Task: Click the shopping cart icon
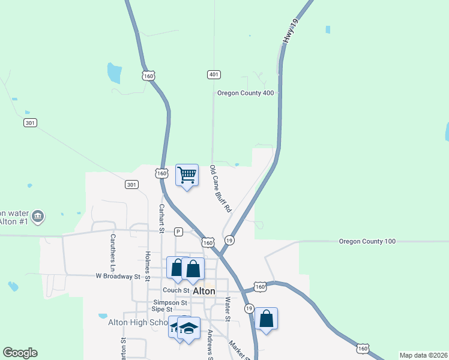187,175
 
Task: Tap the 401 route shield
214,74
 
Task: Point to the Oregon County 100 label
367,241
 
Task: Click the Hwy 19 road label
291,30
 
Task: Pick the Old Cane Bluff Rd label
220,190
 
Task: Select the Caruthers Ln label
112,248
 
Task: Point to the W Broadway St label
118,277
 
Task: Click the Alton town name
204,291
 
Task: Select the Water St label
228,308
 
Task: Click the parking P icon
178,232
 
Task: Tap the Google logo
20,353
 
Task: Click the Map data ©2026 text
423,355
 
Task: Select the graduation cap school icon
188,328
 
